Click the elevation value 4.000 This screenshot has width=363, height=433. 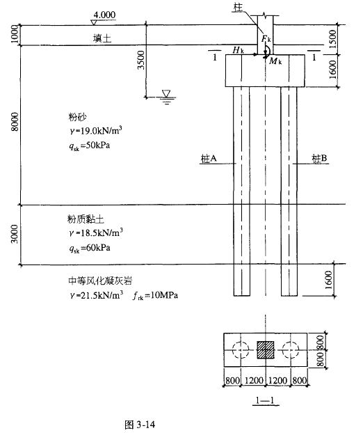pos(104,15)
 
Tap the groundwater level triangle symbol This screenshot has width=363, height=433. pos(166,93)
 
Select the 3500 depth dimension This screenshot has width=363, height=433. pos(141,60)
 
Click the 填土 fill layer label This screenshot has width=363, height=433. pos(102,38)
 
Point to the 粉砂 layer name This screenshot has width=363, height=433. pos(77,117)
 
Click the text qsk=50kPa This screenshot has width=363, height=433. pos(90,145)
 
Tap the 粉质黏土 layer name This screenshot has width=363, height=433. pos(86,219)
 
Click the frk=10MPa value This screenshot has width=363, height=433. pos(155,295)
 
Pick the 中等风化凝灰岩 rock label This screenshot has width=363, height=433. pos(100,281)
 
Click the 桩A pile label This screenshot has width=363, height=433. pos(209,159)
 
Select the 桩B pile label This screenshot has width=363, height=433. pos(319,158)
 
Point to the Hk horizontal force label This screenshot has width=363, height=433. pos(239,50)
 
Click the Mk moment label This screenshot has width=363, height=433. pos(275,61)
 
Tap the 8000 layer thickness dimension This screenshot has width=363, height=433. pos(15,122)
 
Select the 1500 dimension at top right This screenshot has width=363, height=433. pos(333,39)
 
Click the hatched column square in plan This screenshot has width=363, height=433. pos(266,349)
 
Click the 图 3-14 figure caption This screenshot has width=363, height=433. pos(140,425)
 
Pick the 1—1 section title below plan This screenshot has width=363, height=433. pos(266,400)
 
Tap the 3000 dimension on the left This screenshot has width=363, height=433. pos(15,234)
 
